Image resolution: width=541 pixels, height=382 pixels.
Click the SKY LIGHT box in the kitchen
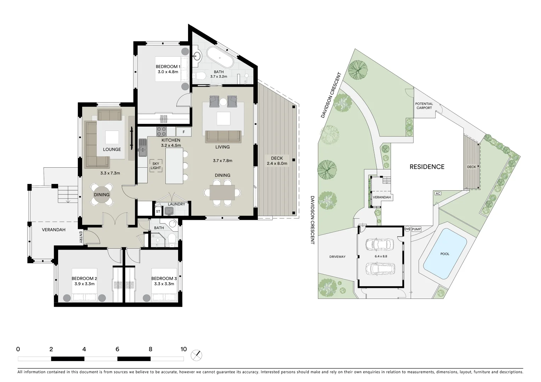[156, 166]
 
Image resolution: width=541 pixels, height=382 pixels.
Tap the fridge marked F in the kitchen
[183, 132]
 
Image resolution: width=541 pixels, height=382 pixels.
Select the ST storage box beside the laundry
[158, 212]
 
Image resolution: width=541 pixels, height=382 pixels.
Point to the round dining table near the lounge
[102, 195]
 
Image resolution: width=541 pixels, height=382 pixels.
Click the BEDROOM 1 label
[168, 66]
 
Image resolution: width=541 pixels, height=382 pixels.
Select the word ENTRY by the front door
[81, 237]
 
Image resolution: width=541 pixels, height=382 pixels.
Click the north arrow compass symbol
[196, 355]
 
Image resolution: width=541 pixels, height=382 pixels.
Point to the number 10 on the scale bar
[183, 349]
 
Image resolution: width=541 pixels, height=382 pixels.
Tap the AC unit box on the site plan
[438, 193]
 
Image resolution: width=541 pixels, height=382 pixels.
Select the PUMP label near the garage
[416, 229]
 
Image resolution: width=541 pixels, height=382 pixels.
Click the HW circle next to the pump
[407, 229]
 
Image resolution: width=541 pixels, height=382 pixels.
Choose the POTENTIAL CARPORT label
[424, 106]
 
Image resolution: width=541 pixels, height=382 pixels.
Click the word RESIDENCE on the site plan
[427, 167]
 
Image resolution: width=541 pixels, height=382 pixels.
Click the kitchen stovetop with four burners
[161, 132]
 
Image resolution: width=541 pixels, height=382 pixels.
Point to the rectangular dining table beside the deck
[222, 193]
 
